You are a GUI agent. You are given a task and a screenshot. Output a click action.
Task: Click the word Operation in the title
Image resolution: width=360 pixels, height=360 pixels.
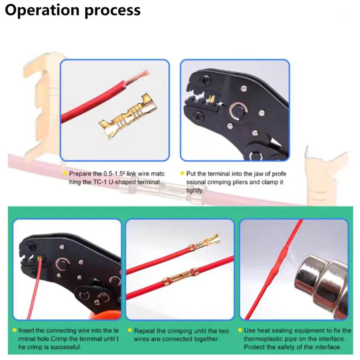click(42, 10)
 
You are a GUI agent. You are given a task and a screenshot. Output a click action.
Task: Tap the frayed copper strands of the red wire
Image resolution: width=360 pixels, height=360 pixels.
click(137, 77)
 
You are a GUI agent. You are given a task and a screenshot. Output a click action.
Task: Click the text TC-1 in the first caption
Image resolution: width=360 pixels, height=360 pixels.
click(100, 182)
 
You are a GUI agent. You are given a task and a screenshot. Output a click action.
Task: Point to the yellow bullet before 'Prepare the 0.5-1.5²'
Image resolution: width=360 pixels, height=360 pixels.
click(65, 173)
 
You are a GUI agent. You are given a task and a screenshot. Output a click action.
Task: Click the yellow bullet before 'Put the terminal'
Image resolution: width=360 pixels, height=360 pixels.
click(182, 173)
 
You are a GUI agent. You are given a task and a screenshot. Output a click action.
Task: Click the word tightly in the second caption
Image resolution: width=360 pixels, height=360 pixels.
click(195, 190)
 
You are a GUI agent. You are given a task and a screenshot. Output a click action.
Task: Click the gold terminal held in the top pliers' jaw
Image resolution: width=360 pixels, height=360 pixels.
click(212, 99)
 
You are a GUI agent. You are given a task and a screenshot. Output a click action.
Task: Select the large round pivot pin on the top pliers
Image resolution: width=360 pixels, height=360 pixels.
click(238, 111)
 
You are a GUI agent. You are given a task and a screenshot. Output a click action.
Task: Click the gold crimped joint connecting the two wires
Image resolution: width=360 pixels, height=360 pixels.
click(180, 277)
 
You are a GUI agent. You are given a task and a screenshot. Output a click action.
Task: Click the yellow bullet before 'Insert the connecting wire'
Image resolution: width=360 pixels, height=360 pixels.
click(14, 330)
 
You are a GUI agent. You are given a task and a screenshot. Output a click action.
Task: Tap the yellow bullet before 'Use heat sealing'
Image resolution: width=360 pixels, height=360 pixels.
click(240, 330)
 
